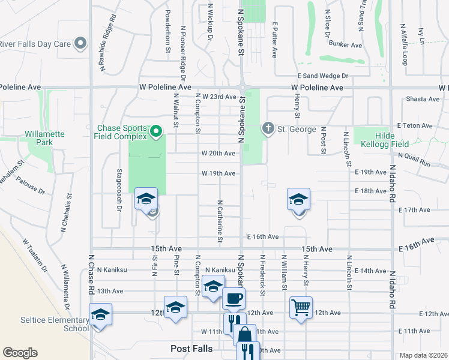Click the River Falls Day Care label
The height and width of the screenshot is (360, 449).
(35, 44)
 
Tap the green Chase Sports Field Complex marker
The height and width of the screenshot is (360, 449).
(157, 130)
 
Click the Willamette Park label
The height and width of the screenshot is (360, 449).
(46, 139)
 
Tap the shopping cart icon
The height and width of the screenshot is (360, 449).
(301, 307)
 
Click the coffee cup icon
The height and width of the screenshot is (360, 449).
(234, 297)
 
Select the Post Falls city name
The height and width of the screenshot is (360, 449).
(191, 349)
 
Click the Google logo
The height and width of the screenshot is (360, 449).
(20, 353)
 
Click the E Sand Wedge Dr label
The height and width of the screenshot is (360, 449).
(322, 76)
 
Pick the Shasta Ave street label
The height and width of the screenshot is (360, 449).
(424, 99)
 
